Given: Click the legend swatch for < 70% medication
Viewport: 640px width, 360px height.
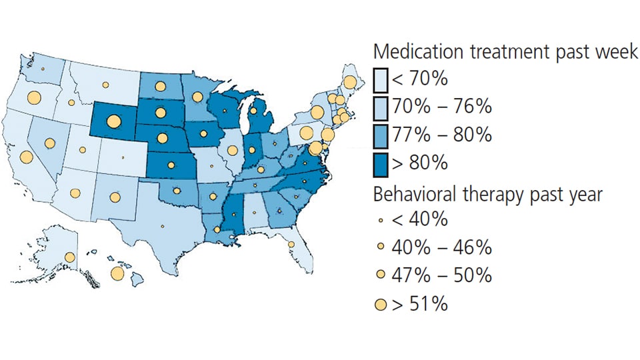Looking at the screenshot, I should point(381,79).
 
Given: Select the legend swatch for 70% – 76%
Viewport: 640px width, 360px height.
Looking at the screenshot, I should point(381,107).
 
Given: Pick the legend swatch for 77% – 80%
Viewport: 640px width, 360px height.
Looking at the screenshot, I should point(381,135).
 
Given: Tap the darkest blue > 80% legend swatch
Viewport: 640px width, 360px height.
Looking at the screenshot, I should point(381,162).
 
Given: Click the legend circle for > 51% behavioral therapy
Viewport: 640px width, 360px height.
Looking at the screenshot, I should point(381,305).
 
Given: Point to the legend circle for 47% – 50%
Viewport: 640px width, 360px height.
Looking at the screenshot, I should point(381,275).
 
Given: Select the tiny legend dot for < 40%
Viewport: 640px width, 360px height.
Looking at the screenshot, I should point(381,219).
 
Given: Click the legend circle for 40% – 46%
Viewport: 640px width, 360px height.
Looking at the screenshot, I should point(381,247).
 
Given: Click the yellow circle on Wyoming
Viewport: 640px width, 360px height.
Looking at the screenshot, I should point(113,121).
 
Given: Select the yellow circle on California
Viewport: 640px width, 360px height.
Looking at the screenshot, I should point(27,157).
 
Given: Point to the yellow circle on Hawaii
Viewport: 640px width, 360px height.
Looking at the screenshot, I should point(117,273).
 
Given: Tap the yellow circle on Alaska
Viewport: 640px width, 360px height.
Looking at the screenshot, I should point(69,258).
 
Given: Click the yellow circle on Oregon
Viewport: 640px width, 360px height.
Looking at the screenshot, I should point(34,98).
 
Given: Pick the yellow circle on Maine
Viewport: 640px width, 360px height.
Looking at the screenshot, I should point(349,83).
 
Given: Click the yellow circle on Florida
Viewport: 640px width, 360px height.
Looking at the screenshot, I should point(291,245).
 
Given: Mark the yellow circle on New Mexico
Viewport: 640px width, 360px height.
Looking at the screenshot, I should point(115,197).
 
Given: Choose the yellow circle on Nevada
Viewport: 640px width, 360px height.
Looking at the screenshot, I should point(51,143).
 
